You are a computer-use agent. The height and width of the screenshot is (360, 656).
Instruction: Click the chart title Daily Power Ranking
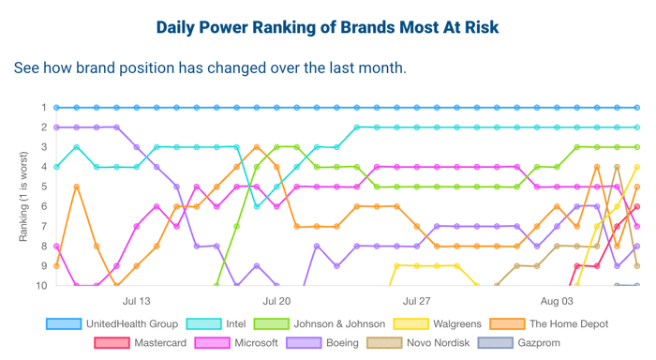[x=328, y=26]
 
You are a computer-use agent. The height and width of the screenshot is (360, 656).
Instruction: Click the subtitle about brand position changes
[x=210, y=69]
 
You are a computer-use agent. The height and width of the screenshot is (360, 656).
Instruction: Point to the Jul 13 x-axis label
[x=137, y=302]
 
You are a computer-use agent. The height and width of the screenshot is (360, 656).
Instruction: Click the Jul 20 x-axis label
[x=276, y=302]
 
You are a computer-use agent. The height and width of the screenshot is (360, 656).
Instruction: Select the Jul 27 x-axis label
[x=416, y=302]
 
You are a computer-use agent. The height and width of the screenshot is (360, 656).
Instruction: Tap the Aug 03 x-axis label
[x=557, y=302]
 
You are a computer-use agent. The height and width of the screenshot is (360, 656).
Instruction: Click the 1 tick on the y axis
[x=43, y=108]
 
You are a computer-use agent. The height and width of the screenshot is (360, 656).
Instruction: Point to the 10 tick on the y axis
[x=40, y=285]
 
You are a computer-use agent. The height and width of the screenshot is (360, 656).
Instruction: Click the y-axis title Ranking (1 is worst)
[x=23, y=196]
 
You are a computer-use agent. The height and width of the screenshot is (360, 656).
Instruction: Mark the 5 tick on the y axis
[x=43, y=187]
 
